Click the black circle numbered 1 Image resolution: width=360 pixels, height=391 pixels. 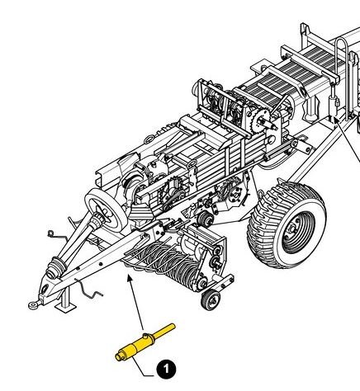pyautogui.click(x=166, y=369)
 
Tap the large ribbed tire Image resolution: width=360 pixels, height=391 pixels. pyautogui.click(x=287, y=225)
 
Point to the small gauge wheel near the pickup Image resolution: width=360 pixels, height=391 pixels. pyautogui.click(x=211, y=299)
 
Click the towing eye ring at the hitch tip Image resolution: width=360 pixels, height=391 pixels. pyautogui.click(x=34, y=304)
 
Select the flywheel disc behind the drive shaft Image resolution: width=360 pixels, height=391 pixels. pyautogui.click(x=105, y=210)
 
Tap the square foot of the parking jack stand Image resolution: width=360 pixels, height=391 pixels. pyautogui.click(x=65, y=308)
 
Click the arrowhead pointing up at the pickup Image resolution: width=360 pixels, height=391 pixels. pyautogui.click(x=130, y=278)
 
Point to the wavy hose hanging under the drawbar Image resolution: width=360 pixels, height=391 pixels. pyautogui.click(x=88, y=290)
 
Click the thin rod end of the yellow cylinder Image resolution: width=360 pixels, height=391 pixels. pyautogui.click(x=164, y=330)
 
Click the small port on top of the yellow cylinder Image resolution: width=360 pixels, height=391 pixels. pyautogui.click(x=145, y=336)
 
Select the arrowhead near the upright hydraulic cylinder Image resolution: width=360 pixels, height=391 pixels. pyautogui.click(x=337, y=120)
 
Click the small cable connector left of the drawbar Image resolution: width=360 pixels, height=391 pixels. pyautogui.click(x=50, y=233)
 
